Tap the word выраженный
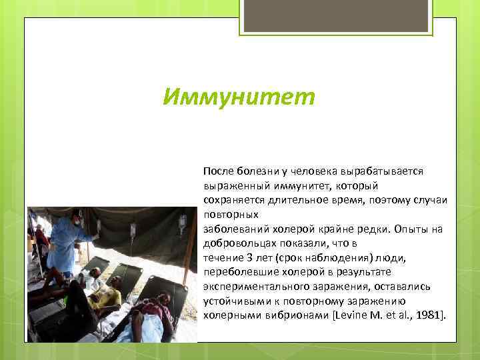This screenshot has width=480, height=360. pyautogui.click(x=233, y=185)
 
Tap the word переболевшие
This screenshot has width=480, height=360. pyautogui.click(x=240, y=272)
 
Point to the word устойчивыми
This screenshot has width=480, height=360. pyautogui.click(x=233, y=301)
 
